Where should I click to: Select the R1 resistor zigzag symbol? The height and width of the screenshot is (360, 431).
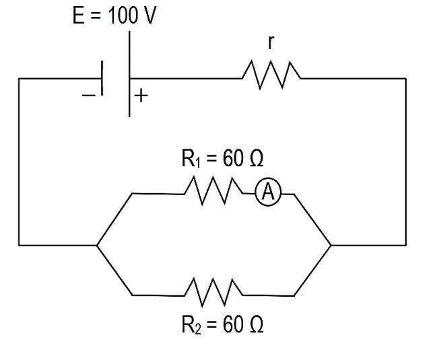click(213, 191)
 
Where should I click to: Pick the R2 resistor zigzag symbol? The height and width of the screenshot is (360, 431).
click(213, 293)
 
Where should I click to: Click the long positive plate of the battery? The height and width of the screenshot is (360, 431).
click(129, 74)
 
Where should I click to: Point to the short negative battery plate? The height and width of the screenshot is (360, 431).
click(102, 78)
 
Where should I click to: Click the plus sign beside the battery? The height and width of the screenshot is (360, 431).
click(141, 96)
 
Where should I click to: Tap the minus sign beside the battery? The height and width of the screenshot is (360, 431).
click(88, 96)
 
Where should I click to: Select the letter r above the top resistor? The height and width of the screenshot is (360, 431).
click(271, 42)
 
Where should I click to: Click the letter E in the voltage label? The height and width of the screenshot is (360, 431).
click(78, 15)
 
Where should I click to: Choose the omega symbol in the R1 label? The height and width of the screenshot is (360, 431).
click(257, 158)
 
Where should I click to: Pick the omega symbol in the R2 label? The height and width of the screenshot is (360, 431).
click(257, 324)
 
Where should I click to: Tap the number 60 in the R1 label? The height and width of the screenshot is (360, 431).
click(233, 158)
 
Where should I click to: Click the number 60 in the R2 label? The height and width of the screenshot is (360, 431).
click(233, 324)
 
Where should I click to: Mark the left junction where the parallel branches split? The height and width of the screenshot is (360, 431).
click(97, 245)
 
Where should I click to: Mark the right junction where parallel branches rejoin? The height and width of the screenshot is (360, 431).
click(331, 245)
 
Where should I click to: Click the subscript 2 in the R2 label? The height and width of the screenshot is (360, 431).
click(198, 328)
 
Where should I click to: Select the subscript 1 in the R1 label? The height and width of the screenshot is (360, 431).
click(198, 162)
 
